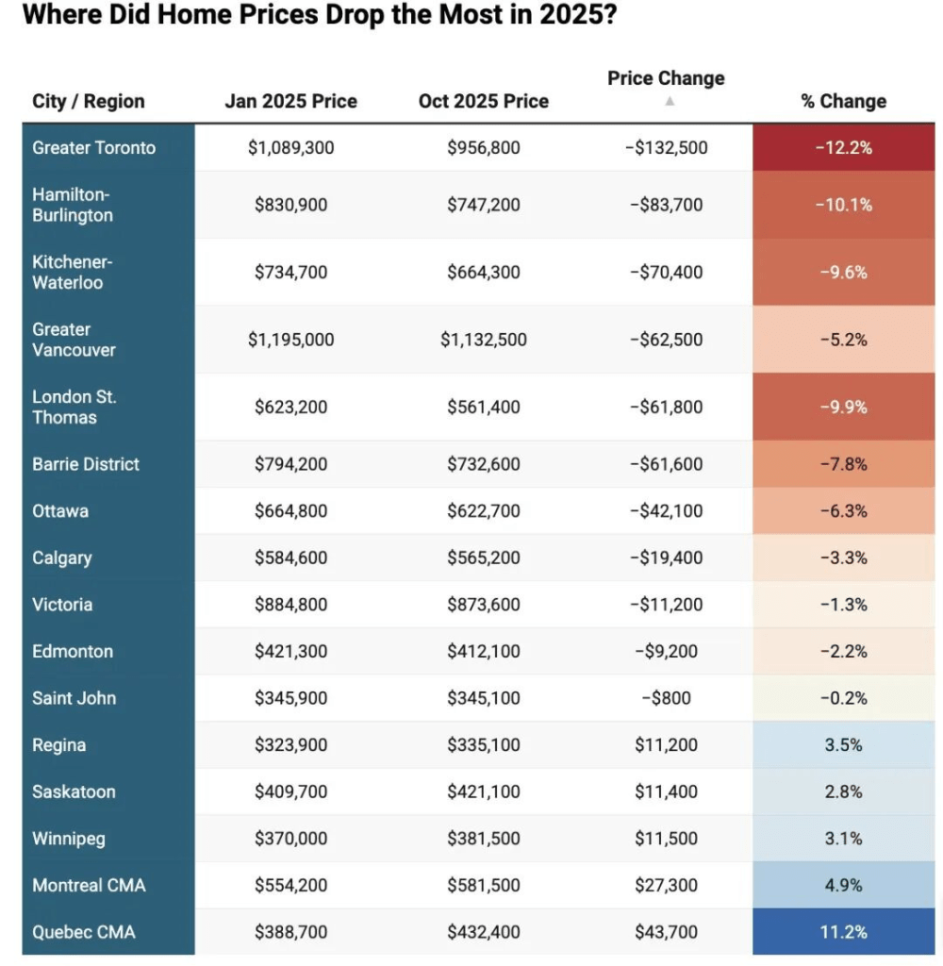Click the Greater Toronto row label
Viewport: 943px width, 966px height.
pos(93,147)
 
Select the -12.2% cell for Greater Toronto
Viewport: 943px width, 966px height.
pos(844,147)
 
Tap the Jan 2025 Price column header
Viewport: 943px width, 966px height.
pos(290,101)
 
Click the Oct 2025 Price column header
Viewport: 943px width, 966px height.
pos(483,101)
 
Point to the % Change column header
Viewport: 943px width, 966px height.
pos(844,101)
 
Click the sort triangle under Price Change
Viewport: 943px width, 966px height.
pos(669,101)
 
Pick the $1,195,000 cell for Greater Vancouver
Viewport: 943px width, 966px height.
pos(290,340)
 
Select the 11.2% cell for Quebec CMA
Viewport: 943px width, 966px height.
pos(844,932)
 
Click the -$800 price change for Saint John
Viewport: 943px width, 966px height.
pos(667,698)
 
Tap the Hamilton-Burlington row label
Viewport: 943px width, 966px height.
pos(73,205)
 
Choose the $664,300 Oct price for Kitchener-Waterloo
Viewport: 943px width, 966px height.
pos(483,272)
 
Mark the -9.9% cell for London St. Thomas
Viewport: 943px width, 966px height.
pos(844,407)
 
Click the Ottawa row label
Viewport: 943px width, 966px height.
pos(60,510)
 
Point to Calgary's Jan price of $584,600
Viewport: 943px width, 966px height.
pos(290,558)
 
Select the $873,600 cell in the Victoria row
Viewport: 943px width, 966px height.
pos(483,605)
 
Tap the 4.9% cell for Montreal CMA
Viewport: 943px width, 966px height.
pos(844,885)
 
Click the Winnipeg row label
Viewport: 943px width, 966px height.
pos(69,839)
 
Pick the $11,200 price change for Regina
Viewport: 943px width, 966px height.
pos(667,745)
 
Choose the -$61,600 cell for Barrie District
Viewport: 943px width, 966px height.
pos(667,464)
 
